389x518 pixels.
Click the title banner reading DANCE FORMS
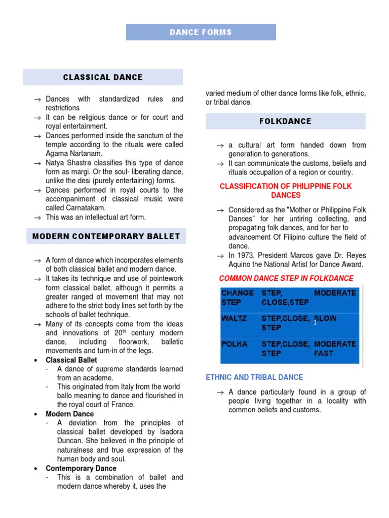tap(201, 32)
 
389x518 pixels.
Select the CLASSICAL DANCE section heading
tap(103, 77)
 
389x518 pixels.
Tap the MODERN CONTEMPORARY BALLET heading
tap(106, 236)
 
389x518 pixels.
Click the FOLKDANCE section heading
tap(285, 121)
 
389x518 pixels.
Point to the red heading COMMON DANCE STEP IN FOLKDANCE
tap(286, 278)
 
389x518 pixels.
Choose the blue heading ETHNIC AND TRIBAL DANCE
tap(254, 377)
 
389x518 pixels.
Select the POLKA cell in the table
tap(235, 344)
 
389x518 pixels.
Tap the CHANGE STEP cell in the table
tap(238, 297)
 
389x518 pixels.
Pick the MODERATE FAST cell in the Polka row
tap(335, 349)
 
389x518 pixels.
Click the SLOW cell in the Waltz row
tap(325, 319)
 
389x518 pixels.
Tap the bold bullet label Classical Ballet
tap(71, 360)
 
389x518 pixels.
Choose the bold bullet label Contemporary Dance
tap(81, 468)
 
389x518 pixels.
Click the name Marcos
tap(306, 255)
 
